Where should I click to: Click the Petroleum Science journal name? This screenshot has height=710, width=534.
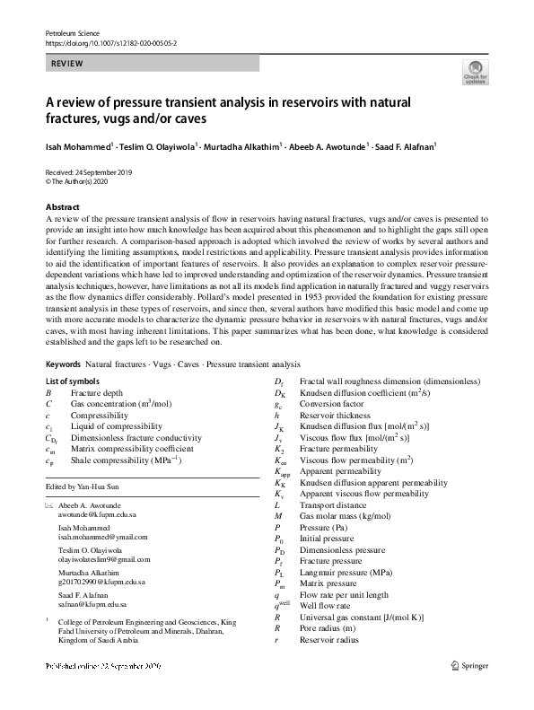(68, 32)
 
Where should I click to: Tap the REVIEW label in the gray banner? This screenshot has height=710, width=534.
(68, 64)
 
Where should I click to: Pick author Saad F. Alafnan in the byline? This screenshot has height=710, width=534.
(379, 144)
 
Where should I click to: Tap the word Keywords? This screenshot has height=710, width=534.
(64, 390)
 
